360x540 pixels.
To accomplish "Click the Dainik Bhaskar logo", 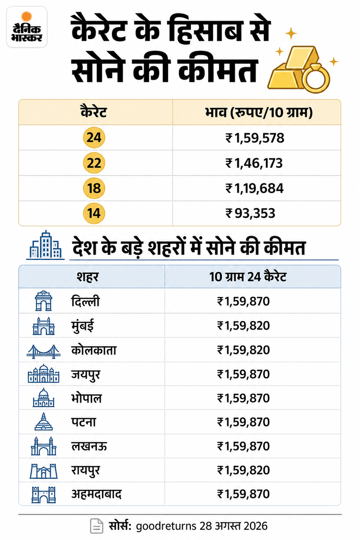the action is [27, 27].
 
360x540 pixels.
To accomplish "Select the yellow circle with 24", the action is [94, 138].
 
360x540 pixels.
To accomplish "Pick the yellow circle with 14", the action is [94, 213].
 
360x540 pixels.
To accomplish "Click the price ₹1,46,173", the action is [254, 163].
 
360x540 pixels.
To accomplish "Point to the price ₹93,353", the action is [251, 214].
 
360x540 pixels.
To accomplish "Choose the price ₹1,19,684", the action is [254, 188].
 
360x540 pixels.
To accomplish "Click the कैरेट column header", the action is [94, 112].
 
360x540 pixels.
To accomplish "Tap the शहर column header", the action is [88, 277].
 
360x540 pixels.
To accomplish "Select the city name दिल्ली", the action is [85, 301].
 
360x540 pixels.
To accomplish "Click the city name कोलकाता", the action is [94, 350].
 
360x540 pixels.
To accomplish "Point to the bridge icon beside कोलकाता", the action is [43, 351].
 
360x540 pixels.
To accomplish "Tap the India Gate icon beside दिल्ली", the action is [43, 301].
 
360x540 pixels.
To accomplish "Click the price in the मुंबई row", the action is [243, 326].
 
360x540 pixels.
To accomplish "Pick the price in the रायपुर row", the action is [243, 470].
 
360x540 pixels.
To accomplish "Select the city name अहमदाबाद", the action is [97, 495].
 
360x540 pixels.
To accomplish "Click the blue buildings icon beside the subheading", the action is [45, 245].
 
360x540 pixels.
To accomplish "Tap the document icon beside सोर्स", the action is [97, 526].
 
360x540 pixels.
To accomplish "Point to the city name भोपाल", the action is [86, 398].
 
